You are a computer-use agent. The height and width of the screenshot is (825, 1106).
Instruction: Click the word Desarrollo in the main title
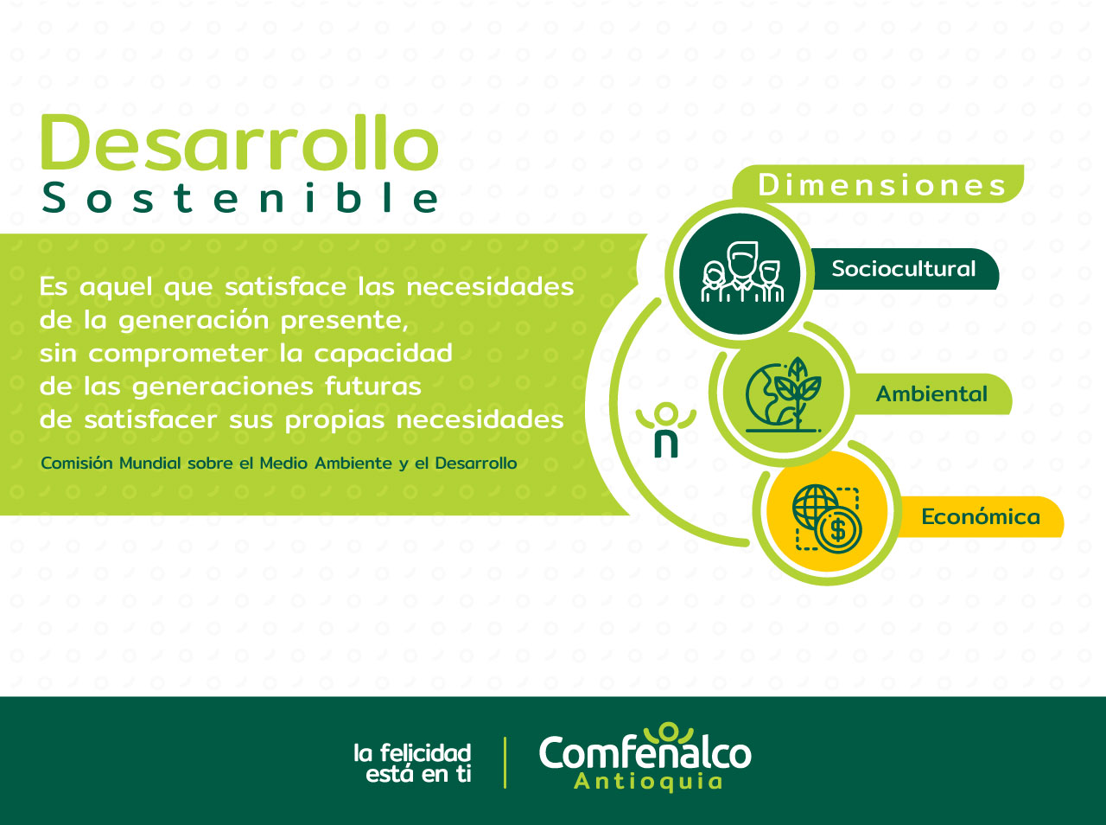click(x=240, y=142)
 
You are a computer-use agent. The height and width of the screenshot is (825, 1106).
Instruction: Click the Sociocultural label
click(x=904, y=268)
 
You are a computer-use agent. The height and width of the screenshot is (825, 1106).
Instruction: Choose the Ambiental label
click(x=931, y=393)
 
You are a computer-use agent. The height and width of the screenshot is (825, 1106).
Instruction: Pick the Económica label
click(x=981, y=516)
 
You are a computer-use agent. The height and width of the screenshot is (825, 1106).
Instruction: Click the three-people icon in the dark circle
click(x=742, y=272)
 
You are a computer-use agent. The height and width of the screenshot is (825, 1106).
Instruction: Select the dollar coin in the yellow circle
click(x=839, y=530)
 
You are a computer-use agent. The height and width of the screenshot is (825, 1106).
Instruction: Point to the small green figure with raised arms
click(x=665, y=429)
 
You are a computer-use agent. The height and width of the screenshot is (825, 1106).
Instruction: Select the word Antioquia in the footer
click(x=649, y=782)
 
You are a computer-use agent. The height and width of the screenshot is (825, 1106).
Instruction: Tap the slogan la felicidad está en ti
click(x=413, y=764)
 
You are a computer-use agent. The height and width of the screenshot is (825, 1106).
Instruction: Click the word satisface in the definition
click(x=285, y=287)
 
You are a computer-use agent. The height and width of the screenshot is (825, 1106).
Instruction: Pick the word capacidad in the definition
click(x=383, y=354)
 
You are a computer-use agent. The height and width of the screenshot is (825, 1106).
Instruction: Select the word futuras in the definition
click(x=373, y=387)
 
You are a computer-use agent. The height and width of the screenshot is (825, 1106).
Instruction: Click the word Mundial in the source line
click(x=149, y=463)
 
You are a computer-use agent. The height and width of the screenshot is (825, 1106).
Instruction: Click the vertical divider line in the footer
click(x=505, y=763)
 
